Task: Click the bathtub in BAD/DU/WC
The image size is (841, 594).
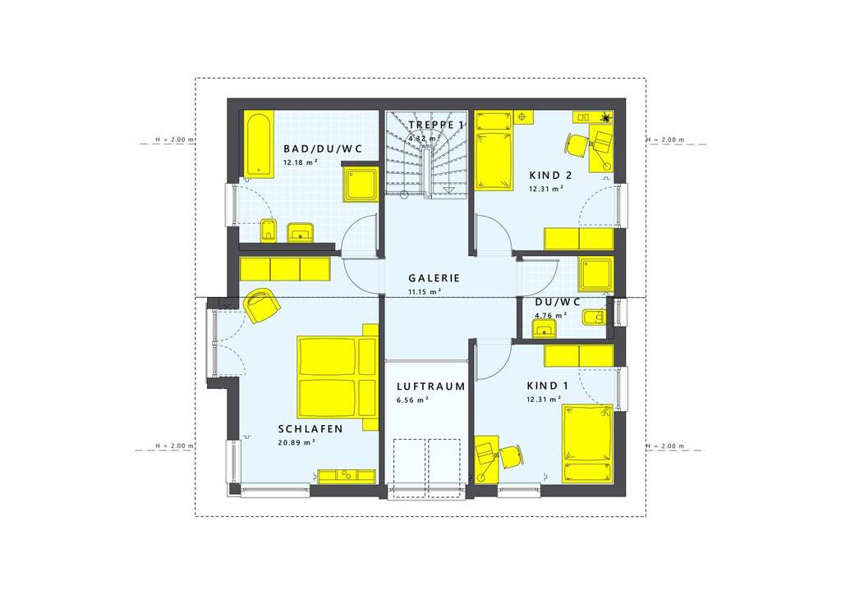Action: pos(258,145)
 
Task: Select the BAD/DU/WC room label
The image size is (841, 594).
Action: pos(323,148)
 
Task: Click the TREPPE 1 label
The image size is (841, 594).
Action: pos(436,125)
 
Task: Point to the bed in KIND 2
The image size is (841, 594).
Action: pos(495,148)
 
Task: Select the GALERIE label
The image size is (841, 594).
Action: pos(434,277)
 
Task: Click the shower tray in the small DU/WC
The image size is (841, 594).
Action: pos(595,275)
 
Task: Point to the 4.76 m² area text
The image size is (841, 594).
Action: pos(550,315)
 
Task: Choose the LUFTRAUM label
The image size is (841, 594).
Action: pos(430,386)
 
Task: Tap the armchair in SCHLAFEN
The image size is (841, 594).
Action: pos(262,305)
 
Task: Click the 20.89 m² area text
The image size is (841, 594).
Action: pos(297,441)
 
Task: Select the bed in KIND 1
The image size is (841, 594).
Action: pos(587,443)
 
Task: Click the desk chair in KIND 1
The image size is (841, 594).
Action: pos(511,455)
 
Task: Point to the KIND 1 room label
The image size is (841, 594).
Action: pos(547,386)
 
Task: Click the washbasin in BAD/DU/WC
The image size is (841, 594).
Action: pos(301,233)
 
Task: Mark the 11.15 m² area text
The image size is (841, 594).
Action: pos(425,292)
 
